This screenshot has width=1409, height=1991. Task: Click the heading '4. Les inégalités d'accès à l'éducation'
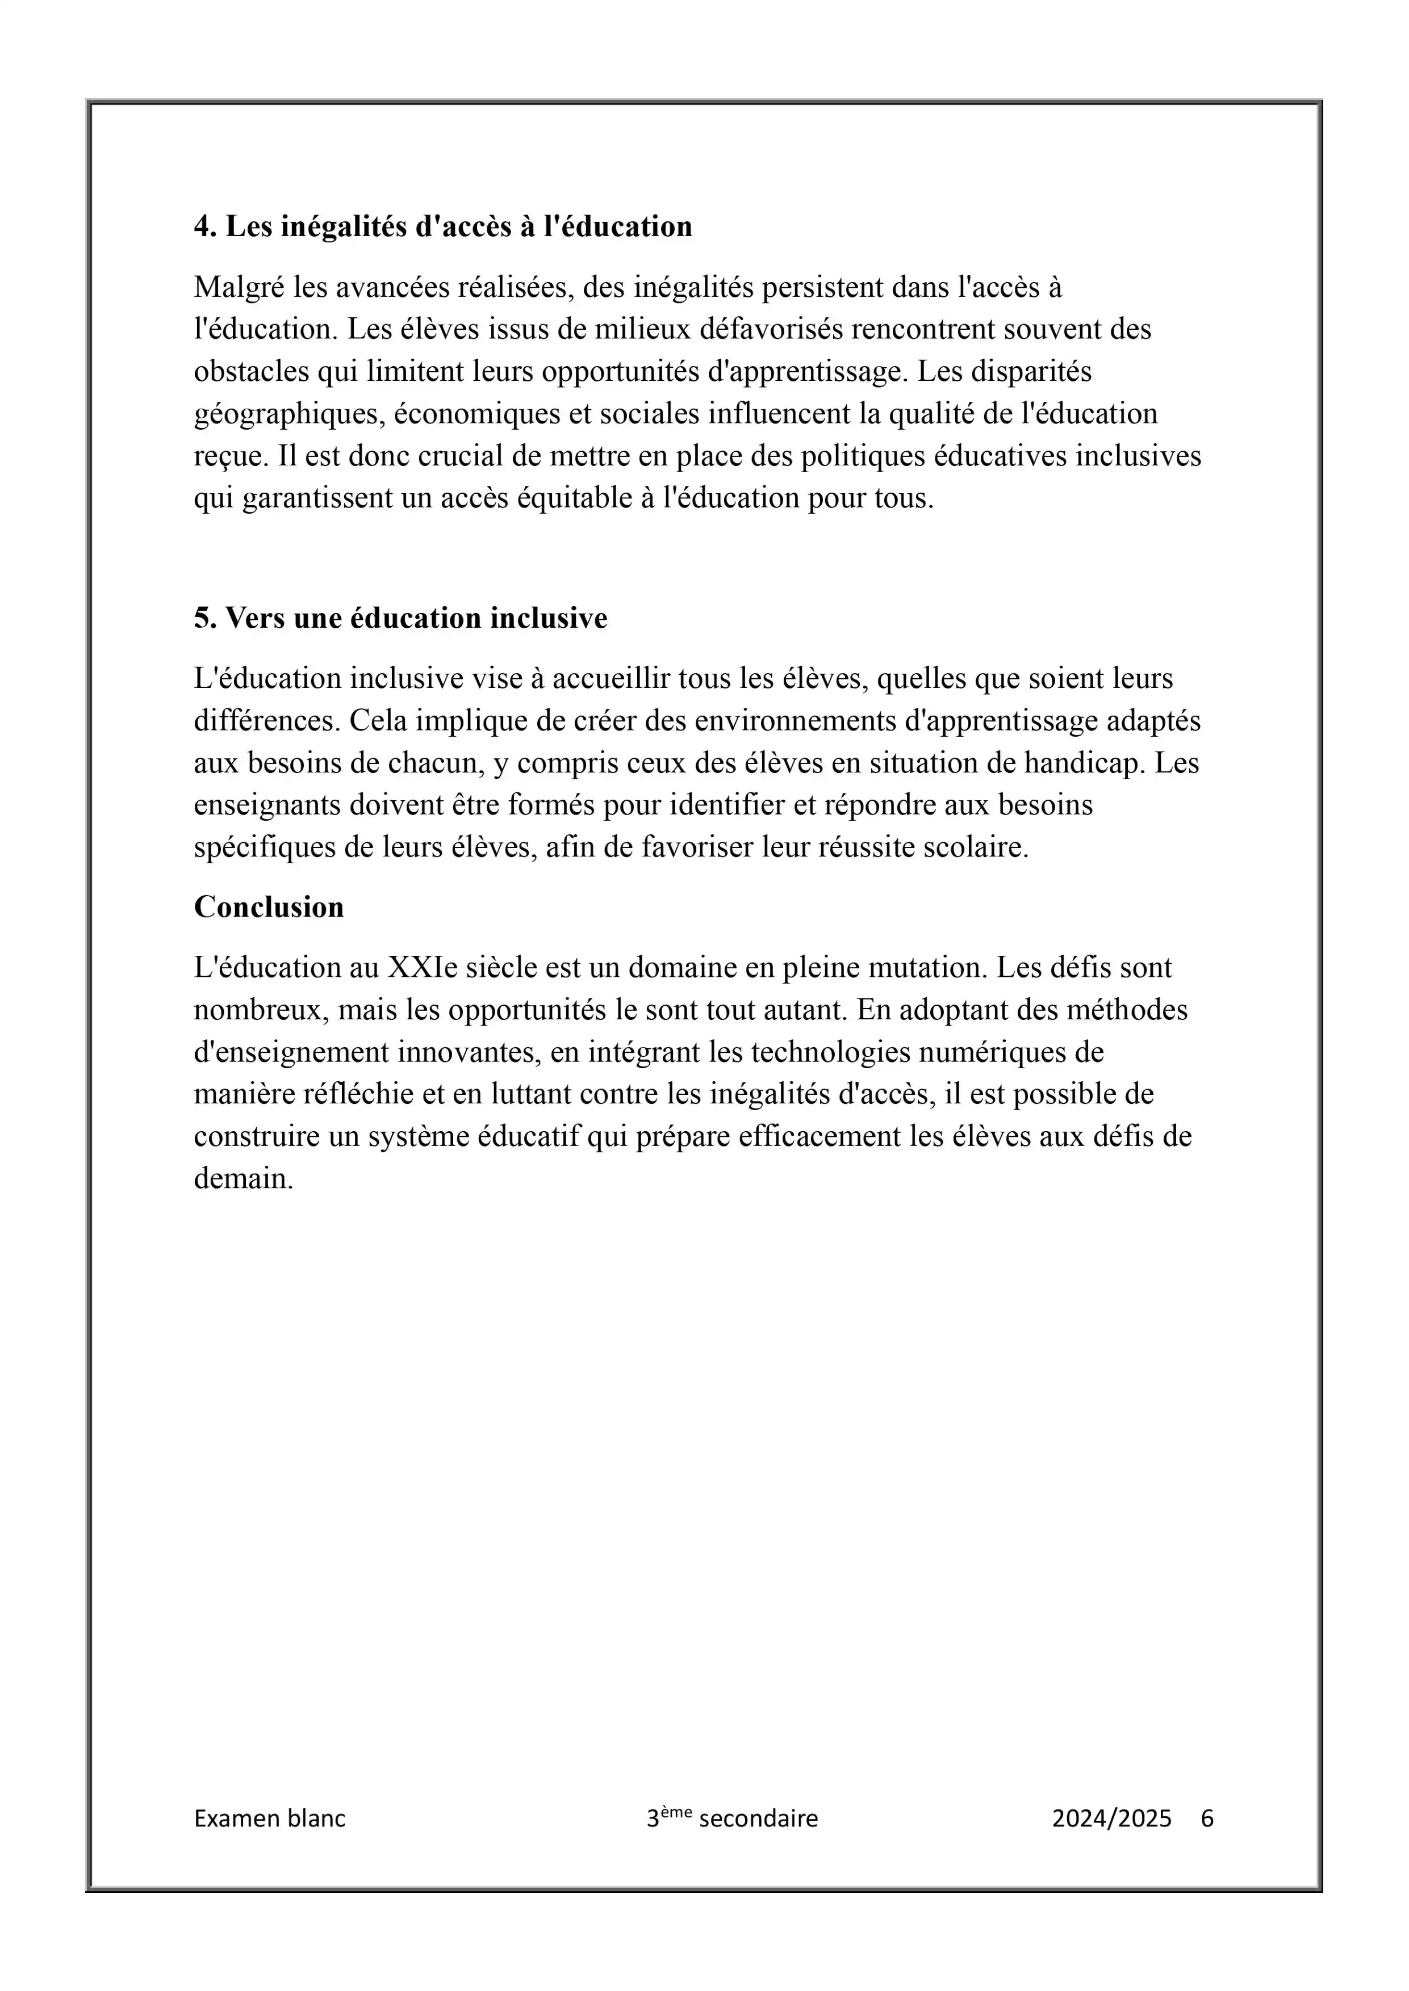pos(442,226)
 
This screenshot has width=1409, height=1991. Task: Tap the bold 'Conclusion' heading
pos(269,907)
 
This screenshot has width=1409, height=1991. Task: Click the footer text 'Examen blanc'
pos(270,1818)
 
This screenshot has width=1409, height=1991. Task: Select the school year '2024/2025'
pos(1111,1818)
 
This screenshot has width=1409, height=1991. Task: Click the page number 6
pos(1207,1818)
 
